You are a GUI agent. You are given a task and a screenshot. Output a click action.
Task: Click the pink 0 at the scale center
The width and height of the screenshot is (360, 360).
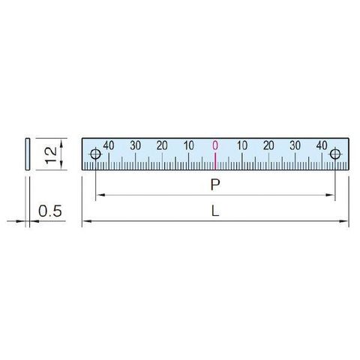215,145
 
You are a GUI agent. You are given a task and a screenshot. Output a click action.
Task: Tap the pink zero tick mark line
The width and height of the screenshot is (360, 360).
215,161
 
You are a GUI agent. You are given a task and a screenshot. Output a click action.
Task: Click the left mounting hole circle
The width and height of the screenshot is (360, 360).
95,154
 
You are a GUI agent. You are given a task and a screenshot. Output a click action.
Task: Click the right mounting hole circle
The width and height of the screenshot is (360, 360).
335,154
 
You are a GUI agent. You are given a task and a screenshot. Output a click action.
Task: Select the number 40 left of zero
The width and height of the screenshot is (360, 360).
109,145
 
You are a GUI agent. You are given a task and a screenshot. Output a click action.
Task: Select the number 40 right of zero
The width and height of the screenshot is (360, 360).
322,145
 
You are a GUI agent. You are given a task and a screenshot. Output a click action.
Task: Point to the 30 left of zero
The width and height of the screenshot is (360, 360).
136,145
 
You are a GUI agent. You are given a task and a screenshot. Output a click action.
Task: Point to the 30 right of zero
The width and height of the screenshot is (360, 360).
295,145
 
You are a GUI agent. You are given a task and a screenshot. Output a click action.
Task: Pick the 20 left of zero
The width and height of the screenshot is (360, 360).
162,145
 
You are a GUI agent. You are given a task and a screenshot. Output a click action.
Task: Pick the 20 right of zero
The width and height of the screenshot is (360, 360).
268,145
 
